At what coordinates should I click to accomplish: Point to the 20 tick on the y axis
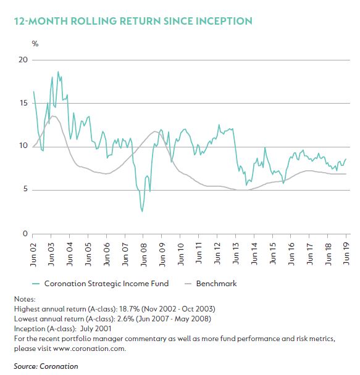23,60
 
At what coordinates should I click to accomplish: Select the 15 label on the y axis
23,103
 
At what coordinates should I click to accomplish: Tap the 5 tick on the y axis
25,189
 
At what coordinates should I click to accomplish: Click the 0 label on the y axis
25,234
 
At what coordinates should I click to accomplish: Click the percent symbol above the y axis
35,44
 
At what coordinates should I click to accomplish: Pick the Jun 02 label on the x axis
33,254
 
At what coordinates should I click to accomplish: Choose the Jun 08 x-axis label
143,254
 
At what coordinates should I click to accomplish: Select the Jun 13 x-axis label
236,253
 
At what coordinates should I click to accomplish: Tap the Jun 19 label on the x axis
346,253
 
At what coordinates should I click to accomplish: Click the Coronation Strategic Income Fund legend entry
101,284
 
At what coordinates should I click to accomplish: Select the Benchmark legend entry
211,284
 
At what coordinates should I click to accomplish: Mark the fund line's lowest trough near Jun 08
142,212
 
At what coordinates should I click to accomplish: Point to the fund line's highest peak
58,72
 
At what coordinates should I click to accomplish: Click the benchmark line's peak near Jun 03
53,116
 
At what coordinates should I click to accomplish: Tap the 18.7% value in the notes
129,309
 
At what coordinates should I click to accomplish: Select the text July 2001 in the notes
96,329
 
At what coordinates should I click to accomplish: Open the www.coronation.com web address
89,348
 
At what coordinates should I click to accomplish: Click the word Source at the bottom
25,366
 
